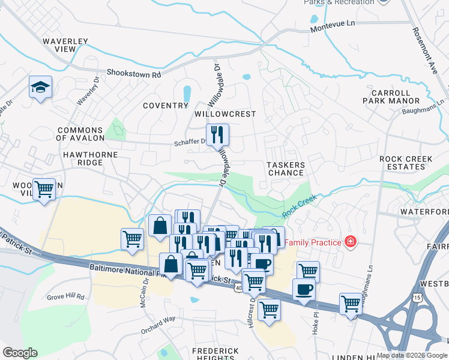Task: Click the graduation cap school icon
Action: coord(41,88)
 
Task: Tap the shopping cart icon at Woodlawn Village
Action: coord(44,190)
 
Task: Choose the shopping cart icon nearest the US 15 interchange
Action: coord(351,302)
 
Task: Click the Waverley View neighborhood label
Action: coord(65,46)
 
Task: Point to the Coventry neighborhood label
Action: coord(166,106)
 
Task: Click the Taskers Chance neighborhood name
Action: coord(286,169)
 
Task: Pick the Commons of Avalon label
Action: coord(80,134)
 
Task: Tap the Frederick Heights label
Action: coord(215,354)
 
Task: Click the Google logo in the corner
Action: coord(20,353)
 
